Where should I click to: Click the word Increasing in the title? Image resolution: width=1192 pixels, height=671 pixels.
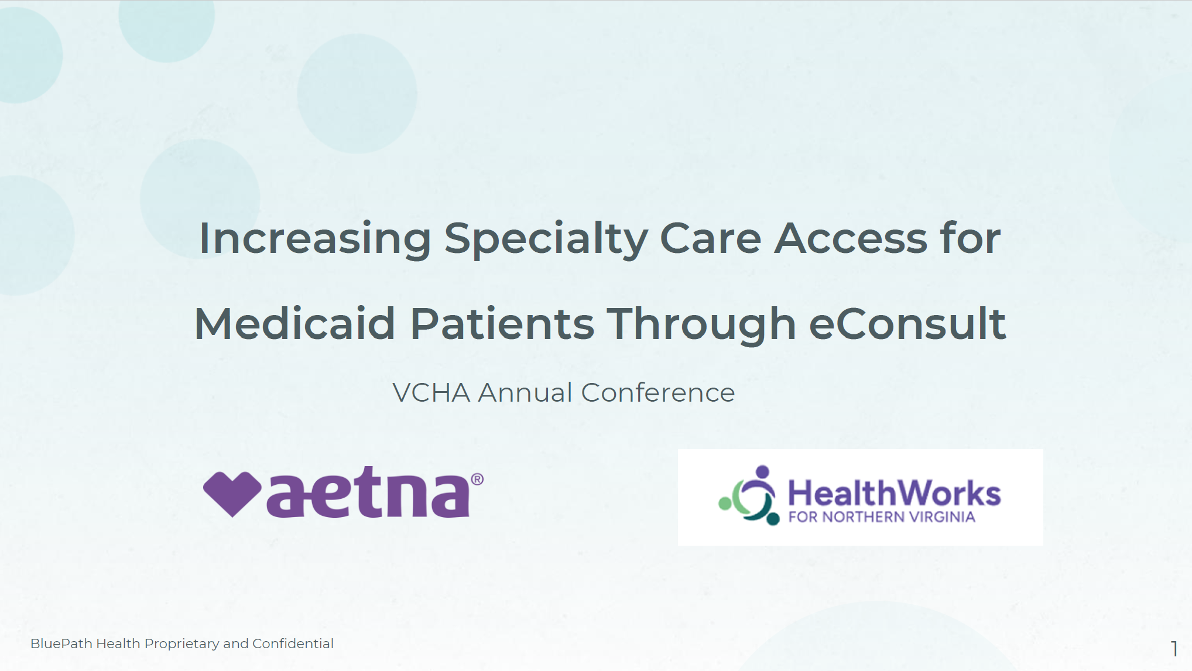pos(315,239)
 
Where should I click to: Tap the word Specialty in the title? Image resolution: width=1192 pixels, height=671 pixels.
pos(546,239)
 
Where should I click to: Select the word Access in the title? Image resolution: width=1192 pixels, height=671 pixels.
pos(851,239)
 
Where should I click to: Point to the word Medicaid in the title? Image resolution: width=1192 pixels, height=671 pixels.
pos(294,324)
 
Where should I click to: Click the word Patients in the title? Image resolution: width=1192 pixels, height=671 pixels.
pos(502,324)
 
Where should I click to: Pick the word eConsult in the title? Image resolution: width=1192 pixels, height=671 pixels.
pos(907,324)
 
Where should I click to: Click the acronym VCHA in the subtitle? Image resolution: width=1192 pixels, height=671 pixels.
pos(431,393)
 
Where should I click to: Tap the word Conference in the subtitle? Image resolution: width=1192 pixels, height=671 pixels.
pos(657,393)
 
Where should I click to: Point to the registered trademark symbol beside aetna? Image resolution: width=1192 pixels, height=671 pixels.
pos(477,480)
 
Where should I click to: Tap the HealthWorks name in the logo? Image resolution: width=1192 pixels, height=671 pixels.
pos(895,493)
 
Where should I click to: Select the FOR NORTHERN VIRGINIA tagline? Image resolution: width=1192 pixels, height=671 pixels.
pos(882,517)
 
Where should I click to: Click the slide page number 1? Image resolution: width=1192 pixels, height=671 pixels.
pos(1174,648)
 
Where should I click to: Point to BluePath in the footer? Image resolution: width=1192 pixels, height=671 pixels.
pos(61,643)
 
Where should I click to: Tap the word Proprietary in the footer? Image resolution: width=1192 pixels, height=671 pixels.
pos(181,644)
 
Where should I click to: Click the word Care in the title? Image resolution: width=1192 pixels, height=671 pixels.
pos(711,239)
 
